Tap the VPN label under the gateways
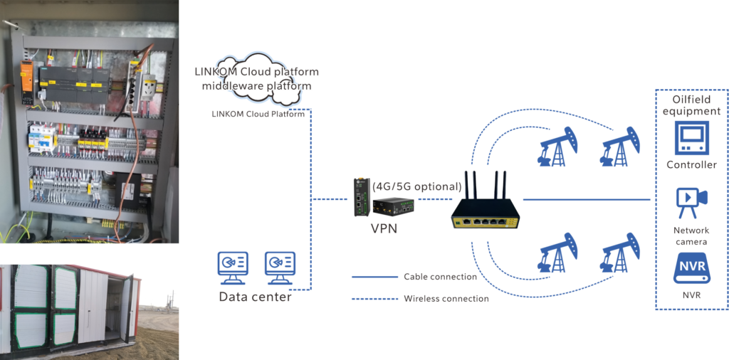pos(384,228)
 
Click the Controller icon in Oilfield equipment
pos(692,138)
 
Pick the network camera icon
pos(692,203)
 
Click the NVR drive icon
pos(692,268)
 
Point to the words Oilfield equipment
pos(692,105)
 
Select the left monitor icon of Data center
pos(233,268)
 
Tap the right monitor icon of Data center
pos(280,268)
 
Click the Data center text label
pos(256,297)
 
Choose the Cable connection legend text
pos(440,277)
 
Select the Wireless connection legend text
pos(446,299)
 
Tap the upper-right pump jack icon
pos(620,147)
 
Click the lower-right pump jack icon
pos(620,253)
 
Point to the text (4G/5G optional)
pos(417,186)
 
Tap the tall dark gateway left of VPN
pos(360,197)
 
